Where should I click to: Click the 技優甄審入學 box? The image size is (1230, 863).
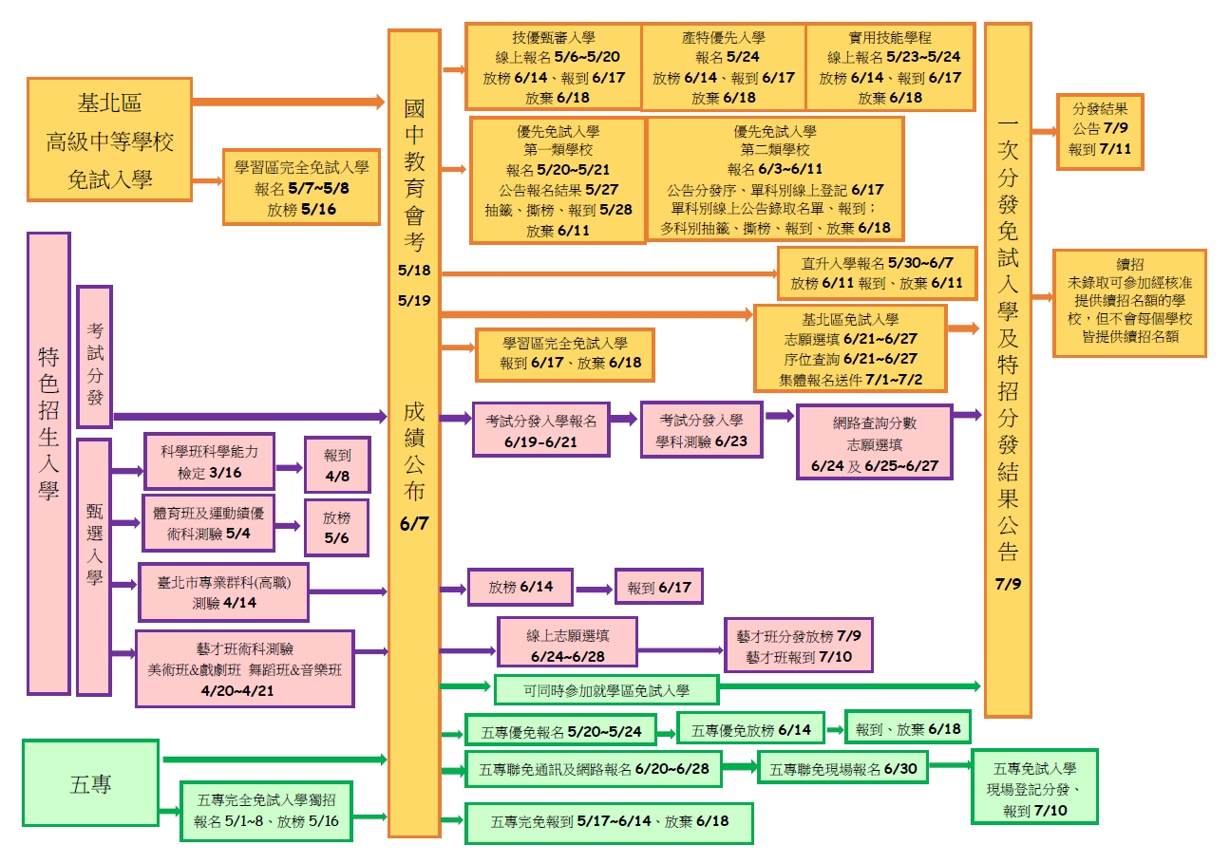click(553, 66)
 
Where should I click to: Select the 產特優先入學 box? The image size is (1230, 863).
click(723, 66)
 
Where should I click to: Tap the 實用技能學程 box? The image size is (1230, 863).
click(890, 66)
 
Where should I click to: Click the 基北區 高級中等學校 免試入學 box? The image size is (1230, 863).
click(109, 140)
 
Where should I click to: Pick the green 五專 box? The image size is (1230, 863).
click(90, 783)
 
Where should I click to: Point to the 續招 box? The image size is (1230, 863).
click(1129, 303)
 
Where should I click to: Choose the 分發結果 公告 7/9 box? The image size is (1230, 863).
click(1099, 131)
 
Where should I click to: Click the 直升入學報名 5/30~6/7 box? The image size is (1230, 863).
click(877, 272)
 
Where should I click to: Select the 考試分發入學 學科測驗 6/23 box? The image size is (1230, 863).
click(701, 429)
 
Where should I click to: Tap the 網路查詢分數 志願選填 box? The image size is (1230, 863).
click(874, 441)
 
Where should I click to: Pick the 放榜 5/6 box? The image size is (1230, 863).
click(336, 527)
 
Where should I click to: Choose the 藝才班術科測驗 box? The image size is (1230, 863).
click(245, 668)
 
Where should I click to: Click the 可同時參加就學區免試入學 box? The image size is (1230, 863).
click(606, 689)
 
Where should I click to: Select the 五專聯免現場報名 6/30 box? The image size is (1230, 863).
click(843, 768)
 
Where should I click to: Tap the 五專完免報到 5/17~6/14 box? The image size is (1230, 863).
click(609, 823)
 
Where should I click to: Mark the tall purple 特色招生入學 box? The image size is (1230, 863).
click(48, 463)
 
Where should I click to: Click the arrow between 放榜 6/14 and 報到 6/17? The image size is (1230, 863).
click(594, 589)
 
